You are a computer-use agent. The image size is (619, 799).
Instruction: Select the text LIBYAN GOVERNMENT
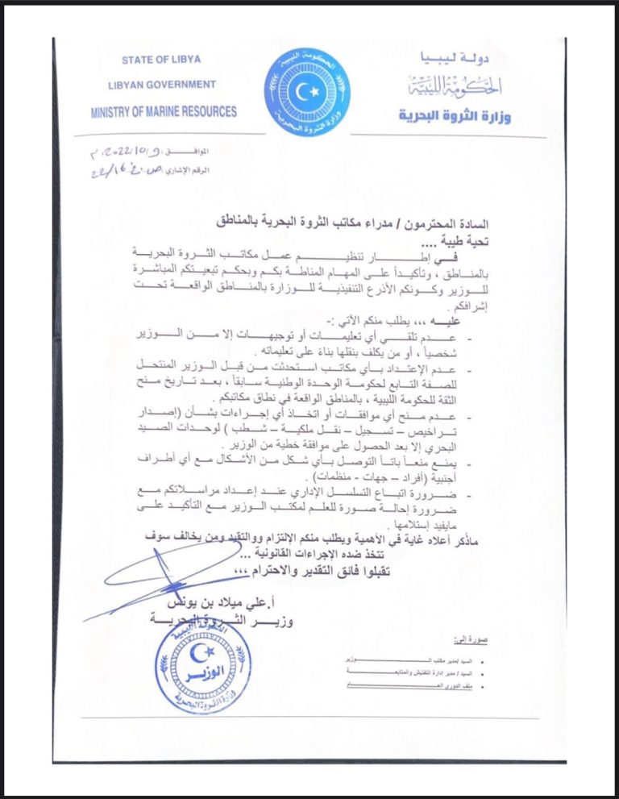(161, 85)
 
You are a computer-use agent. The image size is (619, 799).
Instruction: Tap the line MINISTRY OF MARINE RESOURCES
(164, 111)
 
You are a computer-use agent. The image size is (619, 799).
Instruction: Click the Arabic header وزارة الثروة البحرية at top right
(455, 115)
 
